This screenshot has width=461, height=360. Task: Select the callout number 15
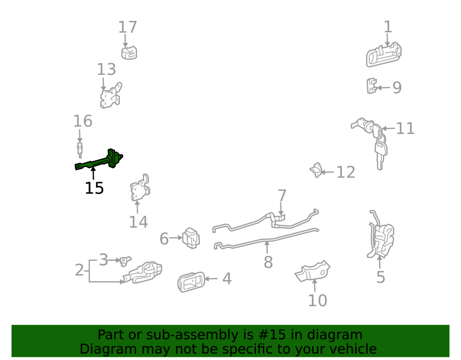(x=95, y=188)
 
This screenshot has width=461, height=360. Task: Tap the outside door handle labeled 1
(x=384, y=55)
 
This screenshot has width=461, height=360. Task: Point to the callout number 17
(x=128, y=27)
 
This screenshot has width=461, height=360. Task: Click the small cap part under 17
(x=129, y=52)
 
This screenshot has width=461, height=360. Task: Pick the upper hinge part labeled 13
(x=111, y=95)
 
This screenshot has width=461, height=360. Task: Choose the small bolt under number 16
(x=80, y=150)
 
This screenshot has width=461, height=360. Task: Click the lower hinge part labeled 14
(x=140, y=188)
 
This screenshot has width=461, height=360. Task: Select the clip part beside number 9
(x=372, y=86)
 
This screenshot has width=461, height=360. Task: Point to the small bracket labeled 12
(x=316, y=170)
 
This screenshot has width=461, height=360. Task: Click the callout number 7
(x=282, y=196)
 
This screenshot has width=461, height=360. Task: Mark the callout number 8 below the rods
(x=268, y=262)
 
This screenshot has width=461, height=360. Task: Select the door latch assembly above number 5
(x=381, y=235)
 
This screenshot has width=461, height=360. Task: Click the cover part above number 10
(x=313, y=271)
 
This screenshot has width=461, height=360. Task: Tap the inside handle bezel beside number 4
(x=191, y=282)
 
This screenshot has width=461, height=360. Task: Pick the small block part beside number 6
(x=191, y=238)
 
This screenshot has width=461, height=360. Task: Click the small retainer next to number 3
(x=124, y=261)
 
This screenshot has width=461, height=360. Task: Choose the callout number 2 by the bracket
(x=79, y=270)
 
